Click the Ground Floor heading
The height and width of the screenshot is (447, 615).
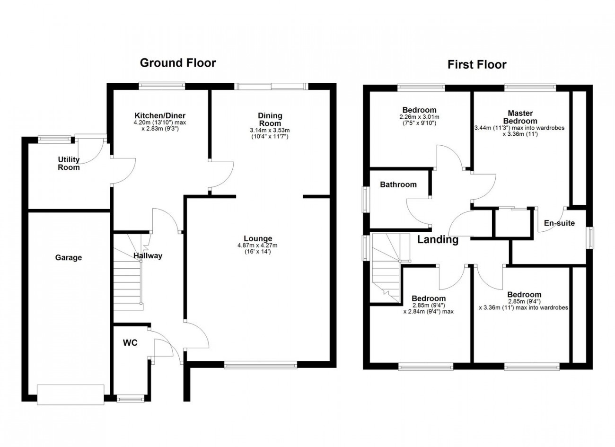coord(178,63)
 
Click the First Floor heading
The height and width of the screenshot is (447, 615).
coord(477,65)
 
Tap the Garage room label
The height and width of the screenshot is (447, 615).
coord(69,257)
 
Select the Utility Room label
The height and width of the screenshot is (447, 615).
coord(69,163)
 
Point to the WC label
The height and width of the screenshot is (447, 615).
coord(130,343)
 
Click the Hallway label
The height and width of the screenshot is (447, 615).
coord(148,256)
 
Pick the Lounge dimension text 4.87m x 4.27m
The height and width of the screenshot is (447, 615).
coord(257,245)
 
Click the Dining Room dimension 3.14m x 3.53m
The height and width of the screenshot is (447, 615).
coord(270,130)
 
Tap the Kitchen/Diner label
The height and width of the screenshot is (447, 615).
coord(160,115)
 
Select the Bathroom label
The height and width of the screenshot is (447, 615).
coord(398,184)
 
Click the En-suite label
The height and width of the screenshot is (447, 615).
coord(559,223)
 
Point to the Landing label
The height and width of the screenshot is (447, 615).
coord(438,240)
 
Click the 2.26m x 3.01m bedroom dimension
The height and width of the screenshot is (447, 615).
coord(419,117)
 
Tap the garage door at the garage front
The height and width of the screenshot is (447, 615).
coord(70,394)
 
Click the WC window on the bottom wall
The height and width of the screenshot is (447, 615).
coord(131,399)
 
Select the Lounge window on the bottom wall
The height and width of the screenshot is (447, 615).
coord(261,365)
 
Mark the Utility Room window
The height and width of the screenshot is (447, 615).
coord(54,139)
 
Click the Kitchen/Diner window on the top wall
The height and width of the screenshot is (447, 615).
coord(162,86)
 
